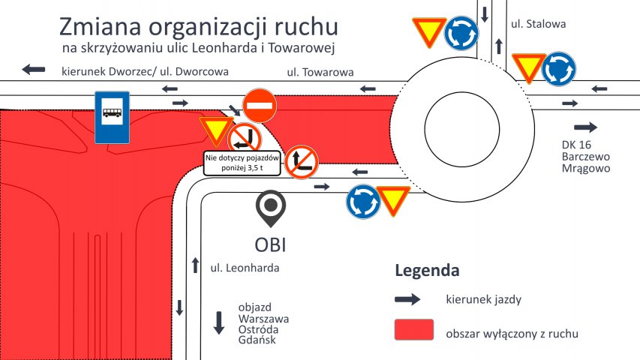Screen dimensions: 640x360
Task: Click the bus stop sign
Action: (x=113, y=118)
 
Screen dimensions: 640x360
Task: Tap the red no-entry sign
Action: (x=260, y=106)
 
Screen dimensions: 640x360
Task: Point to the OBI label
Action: (x=270, y=245)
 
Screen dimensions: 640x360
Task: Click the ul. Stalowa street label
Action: (x=539, y=24)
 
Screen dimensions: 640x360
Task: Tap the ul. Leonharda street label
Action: (x=245, y=268)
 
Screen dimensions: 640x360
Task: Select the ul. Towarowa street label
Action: (x=320, y=73)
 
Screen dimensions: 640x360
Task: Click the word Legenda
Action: (x=427, y=271)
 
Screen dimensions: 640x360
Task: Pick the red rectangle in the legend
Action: (x=414, y=330)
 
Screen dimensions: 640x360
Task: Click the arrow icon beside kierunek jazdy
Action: (x=407, y=299)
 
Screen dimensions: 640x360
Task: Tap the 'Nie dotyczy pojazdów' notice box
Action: (x=242, y=163)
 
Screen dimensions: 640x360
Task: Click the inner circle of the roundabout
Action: (x=462, y=129)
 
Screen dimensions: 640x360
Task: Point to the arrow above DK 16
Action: (x=586, y=127)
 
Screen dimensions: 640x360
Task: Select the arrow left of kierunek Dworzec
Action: (x=34, y=70)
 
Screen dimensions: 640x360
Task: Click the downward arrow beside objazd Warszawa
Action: (x=219, y=322)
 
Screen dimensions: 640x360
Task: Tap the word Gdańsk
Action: (x=257, y=340)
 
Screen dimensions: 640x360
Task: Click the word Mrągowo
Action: (x=586, y=169)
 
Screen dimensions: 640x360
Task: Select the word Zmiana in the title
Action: (x=101, y=27)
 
